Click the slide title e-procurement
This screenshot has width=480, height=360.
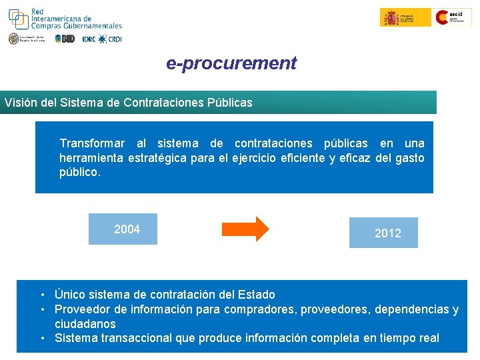point(231,63)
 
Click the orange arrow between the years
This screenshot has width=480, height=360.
point(245,229)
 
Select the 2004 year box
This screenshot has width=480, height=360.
point(123,229)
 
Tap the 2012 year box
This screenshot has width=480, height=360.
point(384,233)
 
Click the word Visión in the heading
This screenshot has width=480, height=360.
point(17,103)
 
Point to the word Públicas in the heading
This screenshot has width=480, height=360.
point(231,103)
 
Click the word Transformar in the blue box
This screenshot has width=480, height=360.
point(91,143)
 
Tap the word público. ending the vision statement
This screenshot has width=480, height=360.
point(80,171)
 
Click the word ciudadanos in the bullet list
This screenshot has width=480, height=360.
point(85,324)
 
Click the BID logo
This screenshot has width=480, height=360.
point(65,39)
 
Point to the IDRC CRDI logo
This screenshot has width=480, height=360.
point(102,39)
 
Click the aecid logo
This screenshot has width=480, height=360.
point(453,17)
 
